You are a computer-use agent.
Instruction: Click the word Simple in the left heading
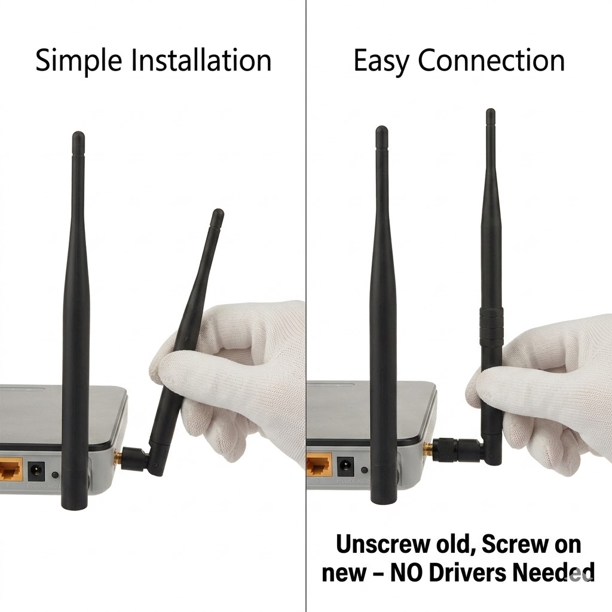point(78,61)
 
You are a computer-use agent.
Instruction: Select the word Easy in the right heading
point(381,62)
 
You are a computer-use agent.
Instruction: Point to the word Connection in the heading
point(491,60)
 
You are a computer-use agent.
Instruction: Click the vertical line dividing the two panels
point(306,306)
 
